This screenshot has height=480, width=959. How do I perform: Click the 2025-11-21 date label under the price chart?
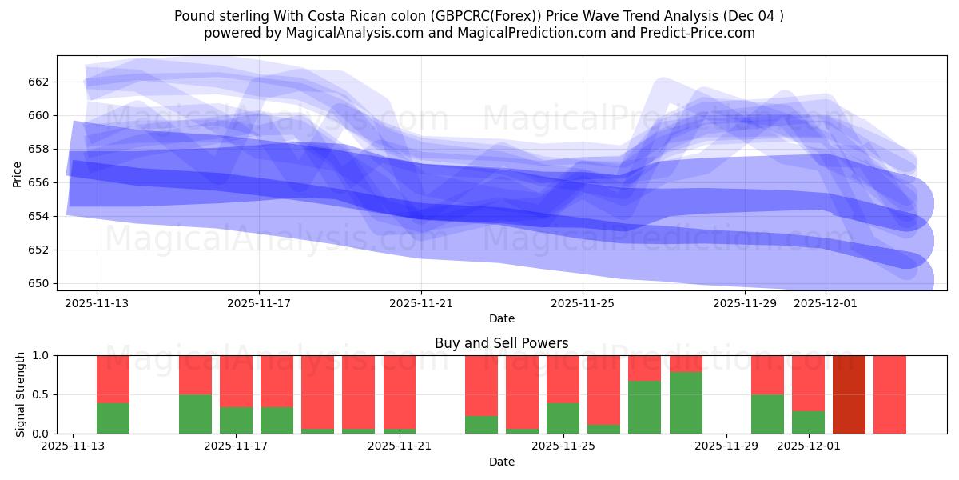pyautogui.click(x=420, y=303)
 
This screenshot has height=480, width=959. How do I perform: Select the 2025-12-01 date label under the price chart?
pyautogui.click(x=826, y=303)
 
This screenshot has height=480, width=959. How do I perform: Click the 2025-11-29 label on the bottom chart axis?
pyautogui.click(x=726, y=446)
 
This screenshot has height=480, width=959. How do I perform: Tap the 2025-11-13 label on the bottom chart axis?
pyautogui.click(x=73, y=446)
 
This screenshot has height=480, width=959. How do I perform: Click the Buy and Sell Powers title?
pyautogui.click(x=501, y=343)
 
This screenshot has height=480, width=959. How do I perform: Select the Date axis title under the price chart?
pyautogui.click(x=501, y=318)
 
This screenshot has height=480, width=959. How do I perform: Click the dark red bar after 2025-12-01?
pyautogui.click(x=849, y=394)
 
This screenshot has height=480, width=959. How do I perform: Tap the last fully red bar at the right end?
pyautogui.click(x=889, y=394)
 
